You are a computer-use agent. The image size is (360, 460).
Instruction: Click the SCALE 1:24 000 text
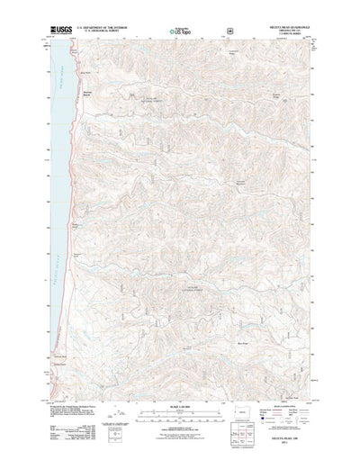coord(180,407)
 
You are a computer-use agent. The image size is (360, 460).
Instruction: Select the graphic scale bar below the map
coord(180,415)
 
